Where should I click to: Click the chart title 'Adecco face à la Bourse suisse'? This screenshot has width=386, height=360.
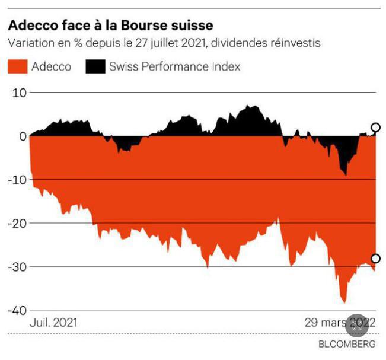tap(110, 26)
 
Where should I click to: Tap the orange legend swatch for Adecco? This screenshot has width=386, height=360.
tap(17, 66)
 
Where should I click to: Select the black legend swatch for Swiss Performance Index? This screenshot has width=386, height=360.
tap(94, 66)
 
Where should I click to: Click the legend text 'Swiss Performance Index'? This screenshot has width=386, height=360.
tap(175, 66)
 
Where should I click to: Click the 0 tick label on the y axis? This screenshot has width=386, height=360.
tap(23, 136)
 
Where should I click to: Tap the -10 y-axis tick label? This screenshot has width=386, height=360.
tap(17, 180)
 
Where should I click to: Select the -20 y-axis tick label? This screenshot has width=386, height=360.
tap(17, 223)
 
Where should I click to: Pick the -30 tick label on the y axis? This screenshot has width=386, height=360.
tap(17, 267)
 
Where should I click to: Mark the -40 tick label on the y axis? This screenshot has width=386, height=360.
tap(17, 310)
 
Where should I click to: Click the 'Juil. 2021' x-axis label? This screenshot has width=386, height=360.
tap(53, 323)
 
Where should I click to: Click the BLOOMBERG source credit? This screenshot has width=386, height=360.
tap(347, 344)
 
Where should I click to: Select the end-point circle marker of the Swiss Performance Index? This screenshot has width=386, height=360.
tap(375, 128)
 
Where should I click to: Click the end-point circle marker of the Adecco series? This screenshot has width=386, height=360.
tap(375, 259)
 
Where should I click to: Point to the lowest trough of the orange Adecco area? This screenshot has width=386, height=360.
tap(343, 302)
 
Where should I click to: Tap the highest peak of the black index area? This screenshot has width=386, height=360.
tap(250, 107)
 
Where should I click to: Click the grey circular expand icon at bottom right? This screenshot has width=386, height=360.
tap(357, 325)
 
